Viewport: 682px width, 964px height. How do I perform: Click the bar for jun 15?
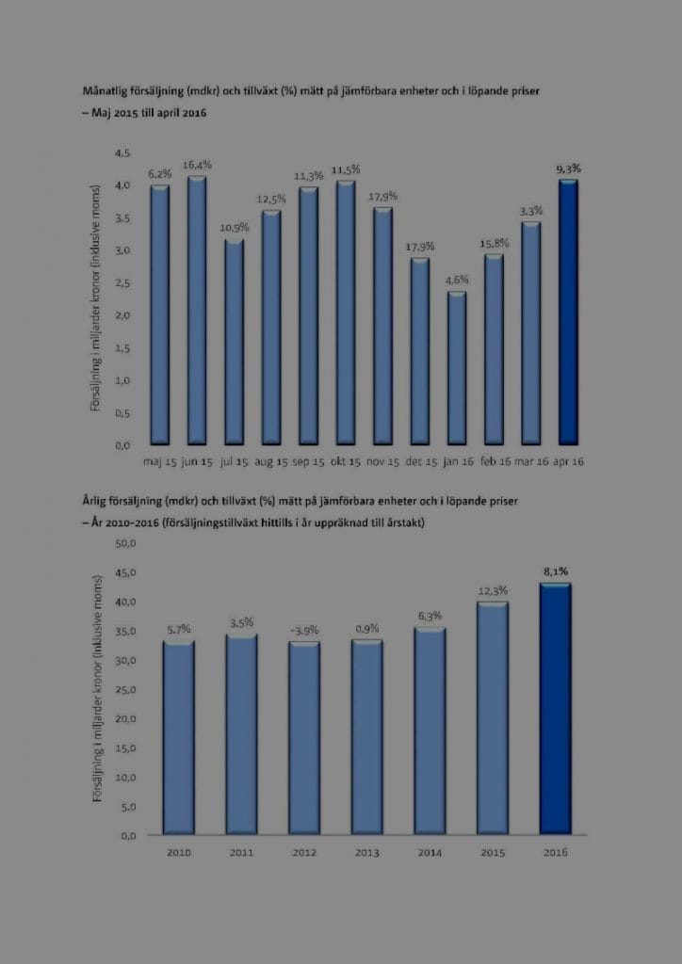tap(196, 311)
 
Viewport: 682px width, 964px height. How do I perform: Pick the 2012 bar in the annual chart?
tap(303, 739)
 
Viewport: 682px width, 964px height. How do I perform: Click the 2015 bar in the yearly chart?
tap(493, 719)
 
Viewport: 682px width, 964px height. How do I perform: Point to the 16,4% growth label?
tap(196, 166)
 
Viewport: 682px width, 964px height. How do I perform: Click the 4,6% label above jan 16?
tap(457, 280)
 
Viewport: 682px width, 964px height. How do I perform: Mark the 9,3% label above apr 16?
tap(568, 169)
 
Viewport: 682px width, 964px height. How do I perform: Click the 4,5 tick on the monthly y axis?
tap(121, 153)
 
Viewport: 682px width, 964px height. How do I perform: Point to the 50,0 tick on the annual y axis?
tap(125, 543)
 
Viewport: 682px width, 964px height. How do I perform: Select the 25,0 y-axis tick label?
tap(125, 690)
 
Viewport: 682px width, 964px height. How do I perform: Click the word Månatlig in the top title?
tap(106, 91)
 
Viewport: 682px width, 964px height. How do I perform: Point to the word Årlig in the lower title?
tap(97, 500)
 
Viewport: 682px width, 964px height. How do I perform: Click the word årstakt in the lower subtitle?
tap(403, 522)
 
